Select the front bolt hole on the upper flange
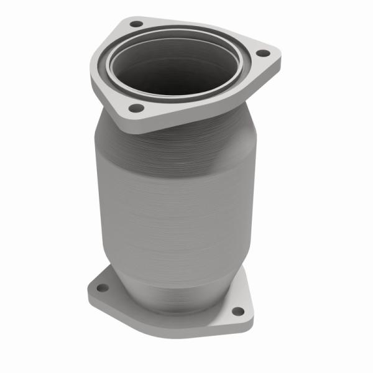[132, 108]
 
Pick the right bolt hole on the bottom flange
[237, 311]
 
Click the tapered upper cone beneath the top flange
[180, 140]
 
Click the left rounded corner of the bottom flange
[90, 289]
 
